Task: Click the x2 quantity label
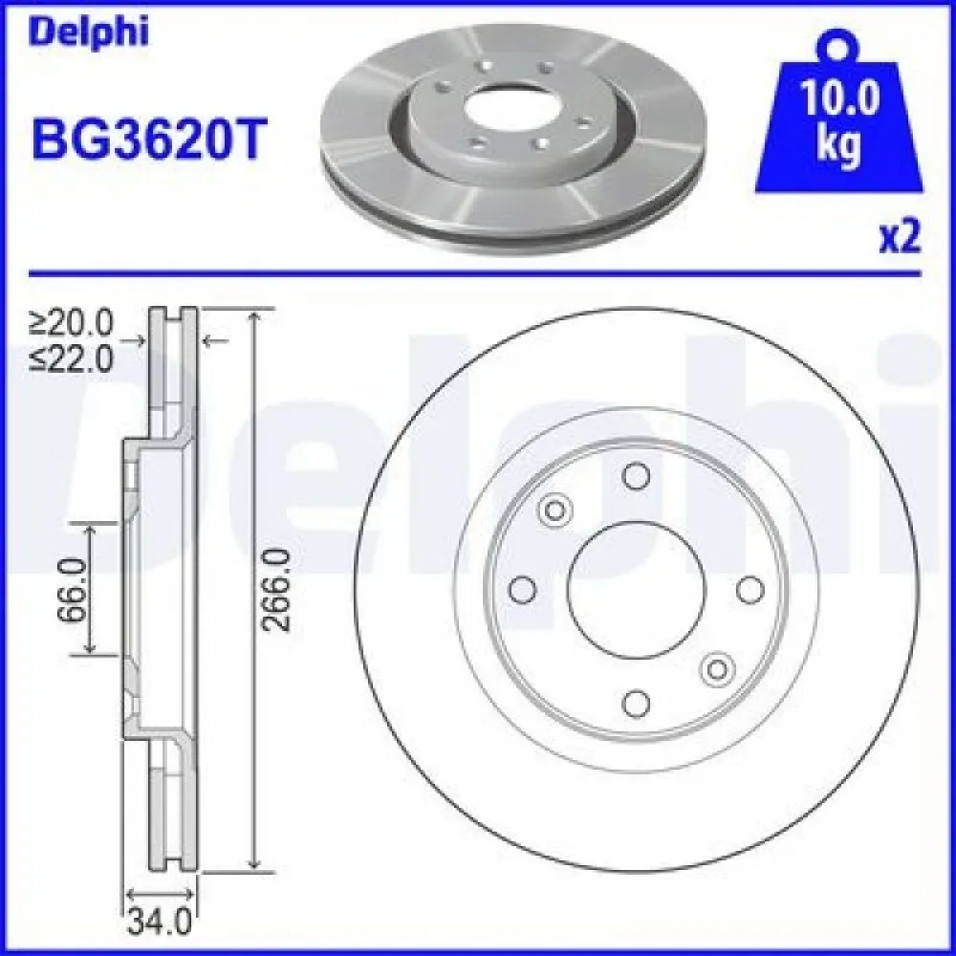pos(898,238)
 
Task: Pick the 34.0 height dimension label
pos(160,924)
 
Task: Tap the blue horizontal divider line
pos(478,273)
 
